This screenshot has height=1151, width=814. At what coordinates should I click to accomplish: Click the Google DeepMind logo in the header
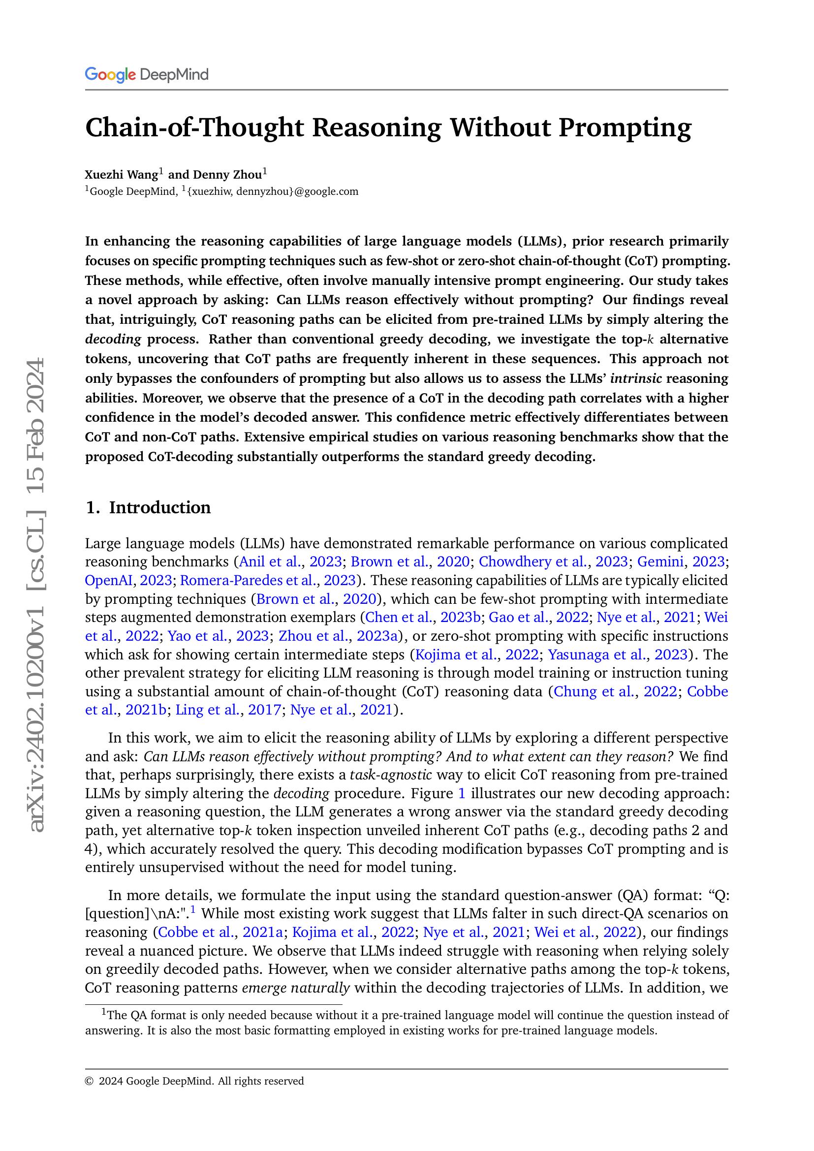(146, 75)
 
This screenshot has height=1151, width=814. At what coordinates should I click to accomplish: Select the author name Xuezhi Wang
(121, 175)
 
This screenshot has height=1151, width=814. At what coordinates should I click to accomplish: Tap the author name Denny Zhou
(227, 175)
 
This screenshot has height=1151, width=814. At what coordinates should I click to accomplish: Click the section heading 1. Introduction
(148, 507)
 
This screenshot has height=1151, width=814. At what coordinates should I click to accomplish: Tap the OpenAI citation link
(108, 580)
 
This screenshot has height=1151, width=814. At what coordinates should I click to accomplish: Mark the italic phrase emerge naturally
(295, 988)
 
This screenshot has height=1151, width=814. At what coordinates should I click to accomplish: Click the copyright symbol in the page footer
(89, 1081)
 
